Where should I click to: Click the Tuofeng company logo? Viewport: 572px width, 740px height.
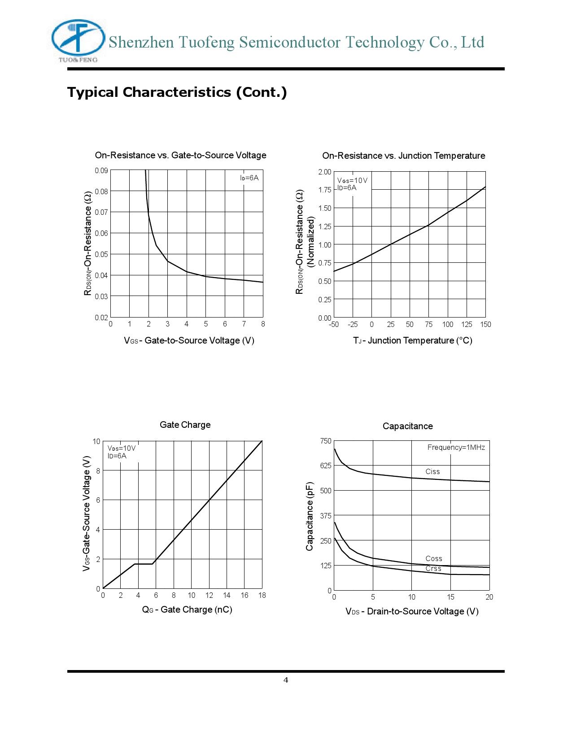tap(78, 41)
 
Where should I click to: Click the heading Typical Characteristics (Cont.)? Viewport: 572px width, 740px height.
tap(177, 92)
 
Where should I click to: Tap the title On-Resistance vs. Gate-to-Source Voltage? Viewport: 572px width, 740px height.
tap(180, 155)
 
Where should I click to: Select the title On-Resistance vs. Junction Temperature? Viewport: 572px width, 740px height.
tap(403, 156)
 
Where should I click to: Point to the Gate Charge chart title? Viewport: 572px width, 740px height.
tap(185, 425)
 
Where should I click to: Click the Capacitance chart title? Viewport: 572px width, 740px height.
tap(407, 426)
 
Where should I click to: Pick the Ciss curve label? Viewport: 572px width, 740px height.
tap(432, 471)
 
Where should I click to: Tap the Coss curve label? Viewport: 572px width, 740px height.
tap(434, 558)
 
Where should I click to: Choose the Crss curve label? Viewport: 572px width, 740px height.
tap(433, 568)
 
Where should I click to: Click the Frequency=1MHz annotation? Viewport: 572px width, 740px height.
tap(456, 447)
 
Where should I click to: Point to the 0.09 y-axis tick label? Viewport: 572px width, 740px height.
tap(101, 170)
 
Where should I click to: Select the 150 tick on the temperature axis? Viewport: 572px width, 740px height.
tap(485, 324)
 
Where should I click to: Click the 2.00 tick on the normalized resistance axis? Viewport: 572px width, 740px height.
tap(324, 172)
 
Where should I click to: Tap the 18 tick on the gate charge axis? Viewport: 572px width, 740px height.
tap(262, 595)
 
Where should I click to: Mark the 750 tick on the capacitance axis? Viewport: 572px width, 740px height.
tap(326, 441)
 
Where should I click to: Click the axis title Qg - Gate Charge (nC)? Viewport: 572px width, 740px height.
tap(187, 609)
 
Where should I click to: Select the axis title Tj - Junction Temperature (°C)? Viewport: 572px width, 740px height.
tap(412, 340)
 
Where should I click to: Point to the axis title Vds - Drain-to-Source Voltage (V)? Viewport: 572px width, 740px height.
tap(412, 611)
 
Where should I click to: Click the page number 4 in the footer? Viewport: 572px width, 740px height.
tap(286, 680)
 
